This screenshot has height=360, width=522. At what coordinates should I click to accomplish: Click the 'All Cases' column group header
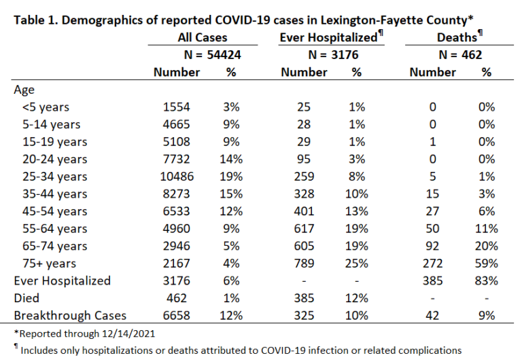(203, 37)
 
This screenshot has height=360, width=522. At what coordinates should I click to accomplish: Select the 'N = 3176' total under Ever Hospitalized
(333, 54)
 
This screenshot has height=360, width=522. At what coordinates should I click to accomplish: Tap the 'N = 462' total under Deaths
(460, 54)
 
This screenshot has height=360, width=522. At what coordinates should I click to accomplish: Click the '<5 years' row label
(46, 107)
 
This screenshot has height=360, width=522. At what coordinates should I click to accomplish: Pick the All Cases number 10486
(177, 177)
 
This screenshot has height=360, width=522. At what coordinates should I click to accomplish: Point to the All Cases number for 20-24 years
(177, 159)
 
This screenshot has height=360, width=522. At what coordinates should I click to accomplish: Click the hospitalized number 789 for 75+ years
(304, 263)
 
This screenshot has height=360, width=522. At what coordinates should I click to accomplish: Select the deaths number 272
(432, 263)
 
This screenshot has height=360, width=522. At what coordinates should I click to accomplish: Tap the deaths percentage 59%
(487, 263)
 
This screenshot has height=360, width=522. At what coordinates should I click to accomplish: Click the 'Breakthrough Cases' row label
(70, 315)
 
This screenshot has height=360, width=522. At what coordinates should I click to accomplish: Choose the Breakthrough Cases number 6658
(177, 315)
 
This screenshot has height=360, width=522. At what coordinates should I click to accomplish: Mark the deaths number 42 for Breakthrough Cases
(432, 315)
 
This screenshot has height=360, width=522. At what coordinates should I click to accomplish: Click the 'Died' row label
(27, 298)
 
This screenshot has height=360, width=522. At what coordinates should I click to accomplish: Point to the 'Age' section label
(24, 90)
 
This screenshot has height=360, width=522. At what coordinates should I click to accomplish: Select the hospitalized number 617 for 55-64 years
(304, 229)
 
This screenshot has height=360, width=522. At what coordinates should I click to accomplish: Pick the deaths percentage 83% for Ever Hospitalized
(487, 281)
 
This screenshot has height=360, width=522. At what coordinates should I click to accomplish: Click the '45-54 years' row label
(55, 211)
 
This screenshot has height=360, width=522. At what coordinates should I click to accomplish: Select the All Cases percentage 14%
(231, 159)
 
